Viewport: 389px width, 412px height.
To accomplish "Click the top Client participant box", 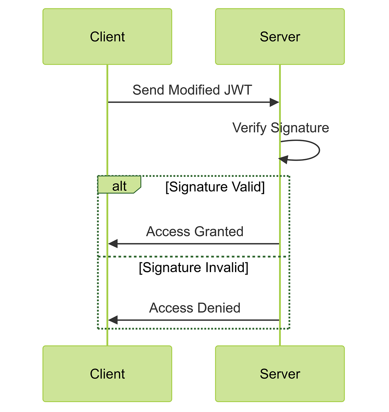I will pos(107,37).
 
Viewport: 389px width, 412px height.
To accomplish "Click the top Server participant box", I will pos(280,37).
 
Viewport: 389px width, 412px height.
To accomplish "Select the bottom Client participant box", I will pos(107,374).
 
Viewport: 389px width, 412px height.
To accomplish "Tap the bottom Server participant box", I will pos(280,374).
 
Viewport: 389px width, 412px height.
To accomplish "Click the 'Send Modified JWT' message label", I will pos(192,90).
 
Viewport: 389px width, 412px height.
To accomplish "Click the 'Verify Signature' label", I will pos(281,128).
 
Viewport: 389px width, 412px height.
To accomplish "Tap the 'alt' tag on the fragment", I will pos(119,186).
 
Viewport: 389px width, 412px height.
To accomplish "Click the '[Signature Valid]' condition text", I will pos(215,187).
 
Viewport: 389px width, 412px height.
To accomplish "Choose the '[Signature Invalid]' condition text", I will pos(194,268).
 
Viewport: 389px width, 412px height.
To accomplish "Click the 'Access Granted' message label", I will pos(194,232).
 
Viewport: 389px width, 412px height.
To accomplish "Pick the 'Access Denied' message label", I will pos(194,308).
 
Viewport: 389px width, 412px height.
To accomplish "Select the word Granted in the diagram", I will pos(219,232).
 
